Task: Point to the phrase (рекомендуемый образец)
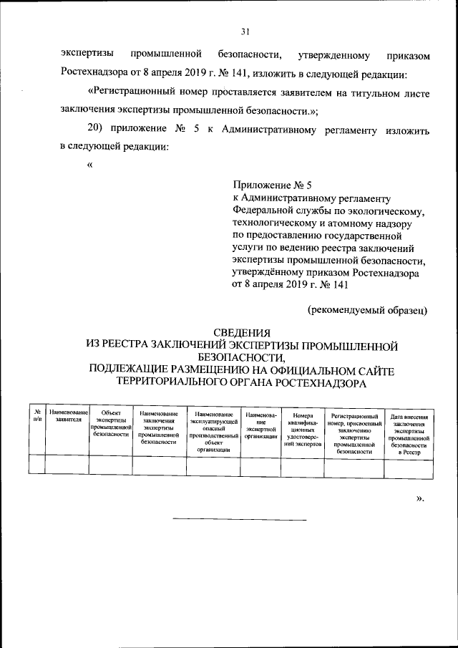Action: coord(368,309)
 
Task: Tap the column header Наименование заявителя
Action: coord(67,417)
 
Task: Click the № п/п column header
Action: coord(36,417)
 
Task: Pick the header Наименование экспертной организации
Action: coord(260,425)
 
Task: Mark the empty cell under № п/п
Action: coord(36,467)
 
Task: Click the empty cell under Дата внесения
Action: coord(410,467)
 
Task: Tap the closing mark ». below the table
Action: coord(420,498)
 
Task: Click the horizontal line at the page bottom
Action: coord(239,519)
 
